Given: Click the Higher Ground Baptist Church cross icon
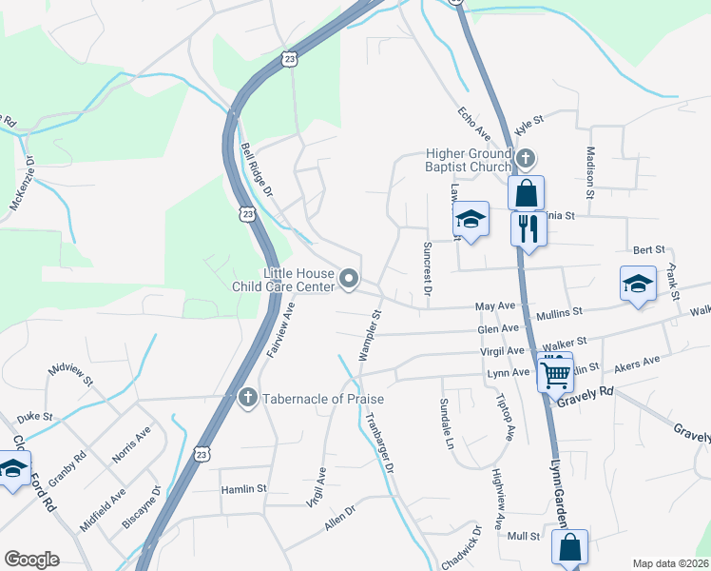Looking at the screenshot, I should pyautogui.click(x=526, y=157).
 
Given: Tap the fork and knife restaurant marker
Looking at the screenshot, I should pyautogui.click(x=528, y=228).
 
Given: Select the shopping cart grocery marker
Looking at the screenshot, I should pyautogui.click(x=554, y=371).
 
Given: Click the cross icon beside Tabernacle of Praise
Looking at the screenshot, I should pyautogui.click(x=247, y=397).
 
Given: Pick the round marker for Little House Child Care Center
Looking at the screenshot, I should pyautogui.click(x=349, y=279).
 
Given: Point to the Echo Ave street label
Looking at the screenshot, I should pyautogui.click(x=472, y=123).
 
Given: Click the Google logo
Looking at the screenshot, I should pyautogui.click(x=31, y=560).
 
